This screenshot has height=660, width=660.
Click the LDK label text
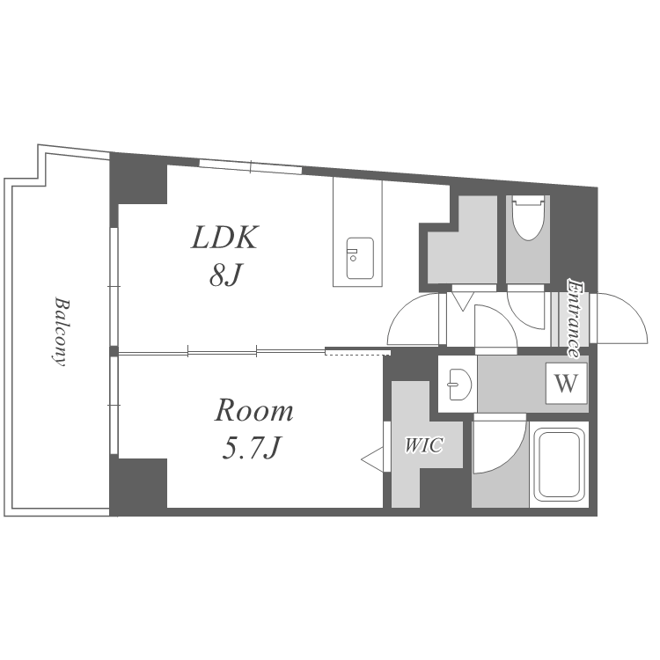click(224, 238)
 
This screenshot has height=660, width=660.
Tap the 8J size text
click(225, 275)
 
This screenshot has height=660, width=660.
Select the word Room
click(253, 410)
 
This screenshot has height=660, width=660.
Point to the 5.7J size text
click(252, 447)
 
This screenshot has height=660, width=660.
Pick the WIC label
click(424, 445)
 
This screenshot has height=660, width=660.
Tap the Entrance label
click(575, 319)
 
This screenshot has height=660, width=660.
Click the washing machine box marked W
click(566, 384)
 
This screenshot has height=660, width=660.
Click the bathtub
click(559, 464)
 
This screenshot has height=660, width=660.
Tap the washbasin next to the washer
click(458, 385)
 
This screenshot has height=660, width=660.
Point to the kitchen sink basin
click(360, 258)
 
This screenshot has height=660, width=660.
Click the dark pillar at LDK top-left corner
click(138, 179)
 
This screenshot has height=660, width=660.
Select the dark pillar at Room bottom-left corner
click(138, 487)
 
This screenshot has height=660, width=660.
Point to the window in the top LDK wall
click(251, 166)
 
